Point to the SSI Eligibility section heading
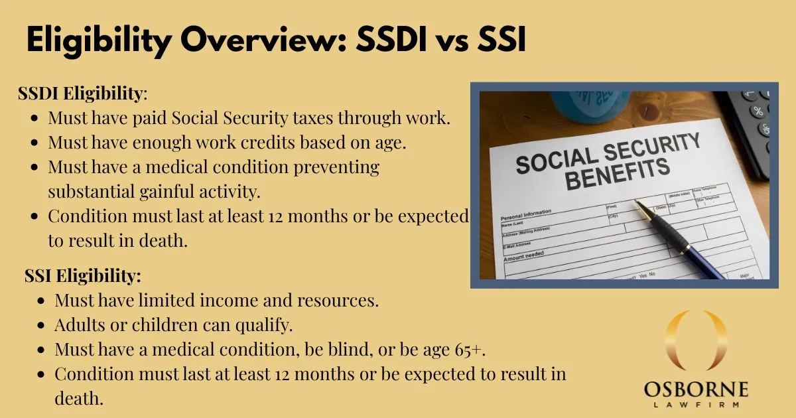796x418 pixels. tap(83, 275)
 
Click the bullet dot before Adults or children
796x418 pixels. tap(41, 325)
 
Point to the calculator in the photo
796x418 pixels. tap(753, 126)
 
